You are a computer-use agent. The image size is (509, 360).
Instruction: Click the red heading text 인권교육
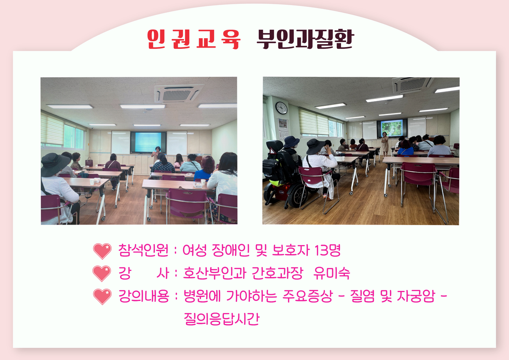click(193, 39)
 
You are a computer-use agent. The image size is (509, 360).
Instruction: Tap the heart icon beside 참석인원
click(102, 251)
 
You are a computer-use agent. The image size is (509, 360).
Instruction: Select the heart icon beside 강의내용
click(102, 297)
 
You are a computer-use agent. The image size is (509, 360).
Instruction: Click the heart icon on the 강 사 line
click(102, 273)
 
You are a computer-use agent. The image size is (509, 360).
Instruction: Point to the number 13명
click(327, 250)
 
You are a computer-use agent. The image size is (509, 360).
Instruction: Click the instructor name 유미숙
click(332, 273)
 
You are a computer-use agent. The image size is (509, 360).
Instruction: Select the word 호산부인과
click(215, 273)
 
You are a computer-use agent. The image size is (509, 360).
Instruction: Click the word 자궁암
click(416, 296)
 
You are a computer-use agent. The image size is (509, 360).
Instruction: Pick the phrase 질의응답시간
click(221, 319)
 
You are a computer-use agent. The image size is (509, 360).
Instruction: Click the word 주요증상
click(308, 296)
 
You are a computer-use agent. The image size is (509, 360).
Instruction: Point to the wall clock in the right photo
click(281, 108)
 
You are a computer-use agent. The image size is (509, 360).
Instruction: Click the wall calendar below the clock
click(283, 129)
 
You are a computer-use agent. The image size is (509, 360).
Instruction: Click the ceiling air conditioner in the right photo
click(412, 85)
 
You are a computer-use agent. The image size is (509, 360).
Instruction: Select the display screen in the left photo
click(148, 142)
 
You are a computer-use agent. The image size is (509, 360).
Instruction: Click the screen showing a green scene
click(392, 129)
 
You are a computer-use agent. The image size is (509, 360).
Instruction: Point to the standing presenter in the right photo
click(385, 144)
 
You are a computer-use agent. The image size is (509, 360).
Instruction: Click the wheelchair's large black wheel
click(297, 197)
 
